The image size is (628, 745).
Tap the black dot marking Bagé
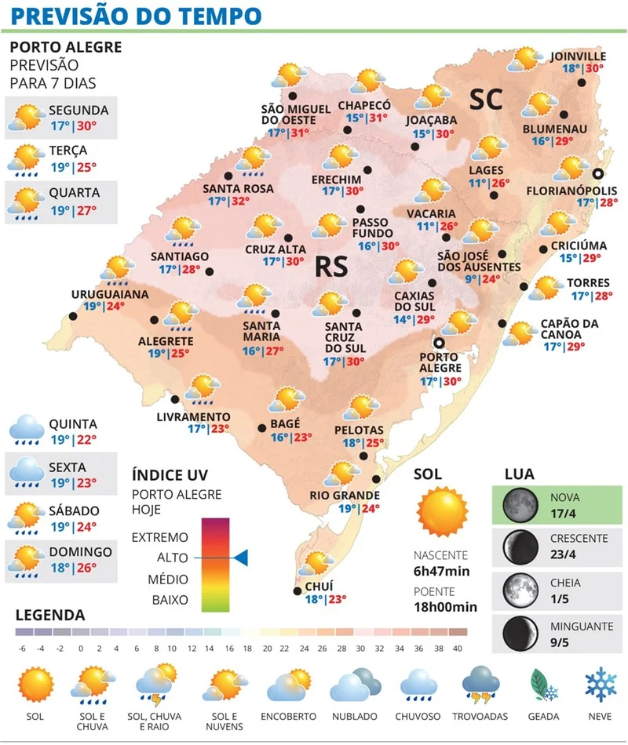click(263, 427)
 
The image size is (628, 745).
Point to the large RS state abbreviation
click(330, 267)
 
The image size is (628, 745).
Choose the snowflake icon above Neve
click(601, 683)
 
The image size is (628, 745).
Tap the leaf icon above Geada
click(544, 684)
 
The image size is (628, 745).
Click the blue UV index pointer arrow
click(240, 558)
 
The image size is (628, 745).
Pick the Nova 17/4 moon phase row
click(557, 505)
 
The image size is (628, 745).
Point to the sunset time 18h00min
click(446, 606)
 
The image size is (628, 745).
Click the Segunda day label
click(78, 110)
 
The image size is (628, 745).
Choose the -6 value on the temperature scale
click(23, 648)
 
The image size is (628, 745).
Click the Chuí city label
click(320, 585)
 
